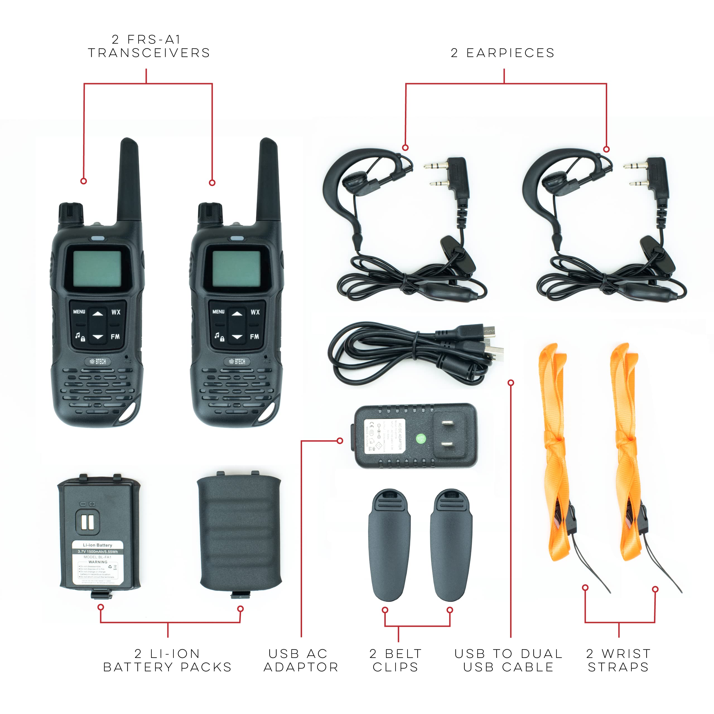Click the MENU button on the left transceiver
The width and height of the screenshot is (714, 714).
tap(79, 312)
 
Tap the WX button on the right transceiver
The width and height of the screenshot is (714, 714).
tap(255, 312)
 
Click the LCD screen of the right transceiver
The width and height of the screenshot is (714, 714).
tap(236, 269)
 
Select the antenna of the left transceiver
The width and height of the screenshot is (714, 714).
tap(129, 181)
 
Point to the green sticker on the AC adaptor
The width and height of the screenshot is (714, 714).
tap(421, 439)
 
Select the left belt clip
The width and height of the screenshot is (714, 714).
tap(390, 545)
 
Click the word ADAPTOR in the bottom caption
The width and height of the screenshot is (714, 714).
tap(301, 667)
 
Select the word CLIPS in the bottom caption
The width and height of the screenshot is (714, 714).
tap(395, 667)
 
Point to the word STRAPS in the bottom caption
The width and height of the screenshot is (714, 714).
tap(618, 667)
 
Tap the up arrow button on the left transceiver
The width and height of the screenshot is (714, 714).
tap(98, 314)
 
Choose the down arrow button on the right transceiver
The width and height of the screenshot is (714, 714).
tap(237, 337)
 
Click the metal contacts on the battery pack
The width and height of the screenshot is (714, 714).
tap(88, 522)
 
